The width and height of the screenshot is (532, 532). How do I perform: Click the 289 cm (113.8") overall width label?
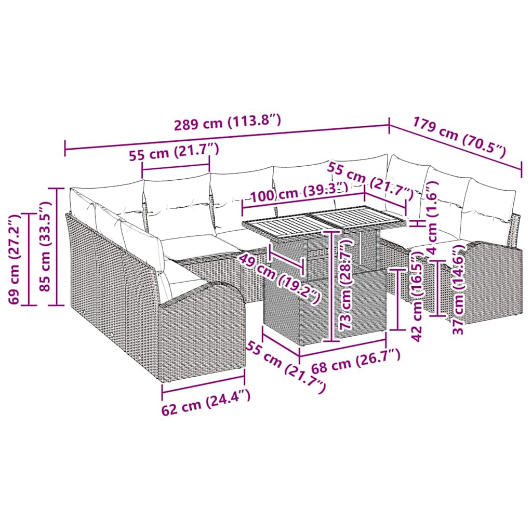(x=228, y=123)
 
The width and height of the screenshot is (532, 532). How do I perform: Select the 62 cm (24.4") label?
(x=206, y=403)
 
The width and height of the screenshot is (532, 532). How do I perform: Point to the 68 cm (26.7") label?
(x=356, y=361)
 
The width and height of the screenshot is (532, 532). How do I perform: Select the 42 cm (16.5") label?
(x=417, y=296)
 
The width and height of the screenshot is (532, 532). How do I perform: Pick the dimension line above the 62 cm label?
(x=203, y=383)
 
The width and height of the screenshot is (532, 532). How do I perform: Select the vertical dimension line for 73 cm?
(x=330, y=286)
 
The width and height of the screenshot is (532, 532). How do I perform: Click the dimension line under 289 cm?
(x=227, y=138)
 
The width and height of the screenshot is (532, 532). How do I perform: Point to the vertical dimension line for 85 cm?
(x=56, y=246)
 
